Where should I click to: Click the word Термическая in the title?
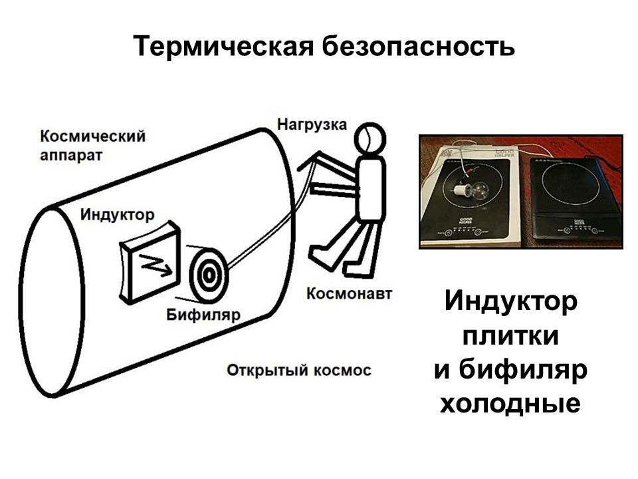223,46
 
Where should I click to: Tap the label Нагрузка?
312,124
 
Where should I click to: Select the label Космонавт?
349,293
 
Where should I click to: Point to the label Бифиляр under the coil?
203,315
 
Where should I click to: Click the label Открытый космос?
299,371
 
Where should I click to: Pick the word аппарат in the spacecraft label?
71,156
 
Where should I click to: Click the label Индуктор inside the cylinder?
117,215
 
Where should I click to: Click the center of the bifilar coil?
208,275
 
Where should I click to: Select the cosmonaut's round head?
370,139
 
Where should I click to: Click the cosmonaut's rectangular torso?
370,189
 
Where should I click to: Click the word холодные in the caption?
510,404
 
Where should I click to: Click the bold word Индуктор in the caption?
510,301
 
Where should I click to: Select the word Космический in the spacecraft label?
93,136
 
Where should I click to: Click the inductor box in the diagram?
150,263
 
